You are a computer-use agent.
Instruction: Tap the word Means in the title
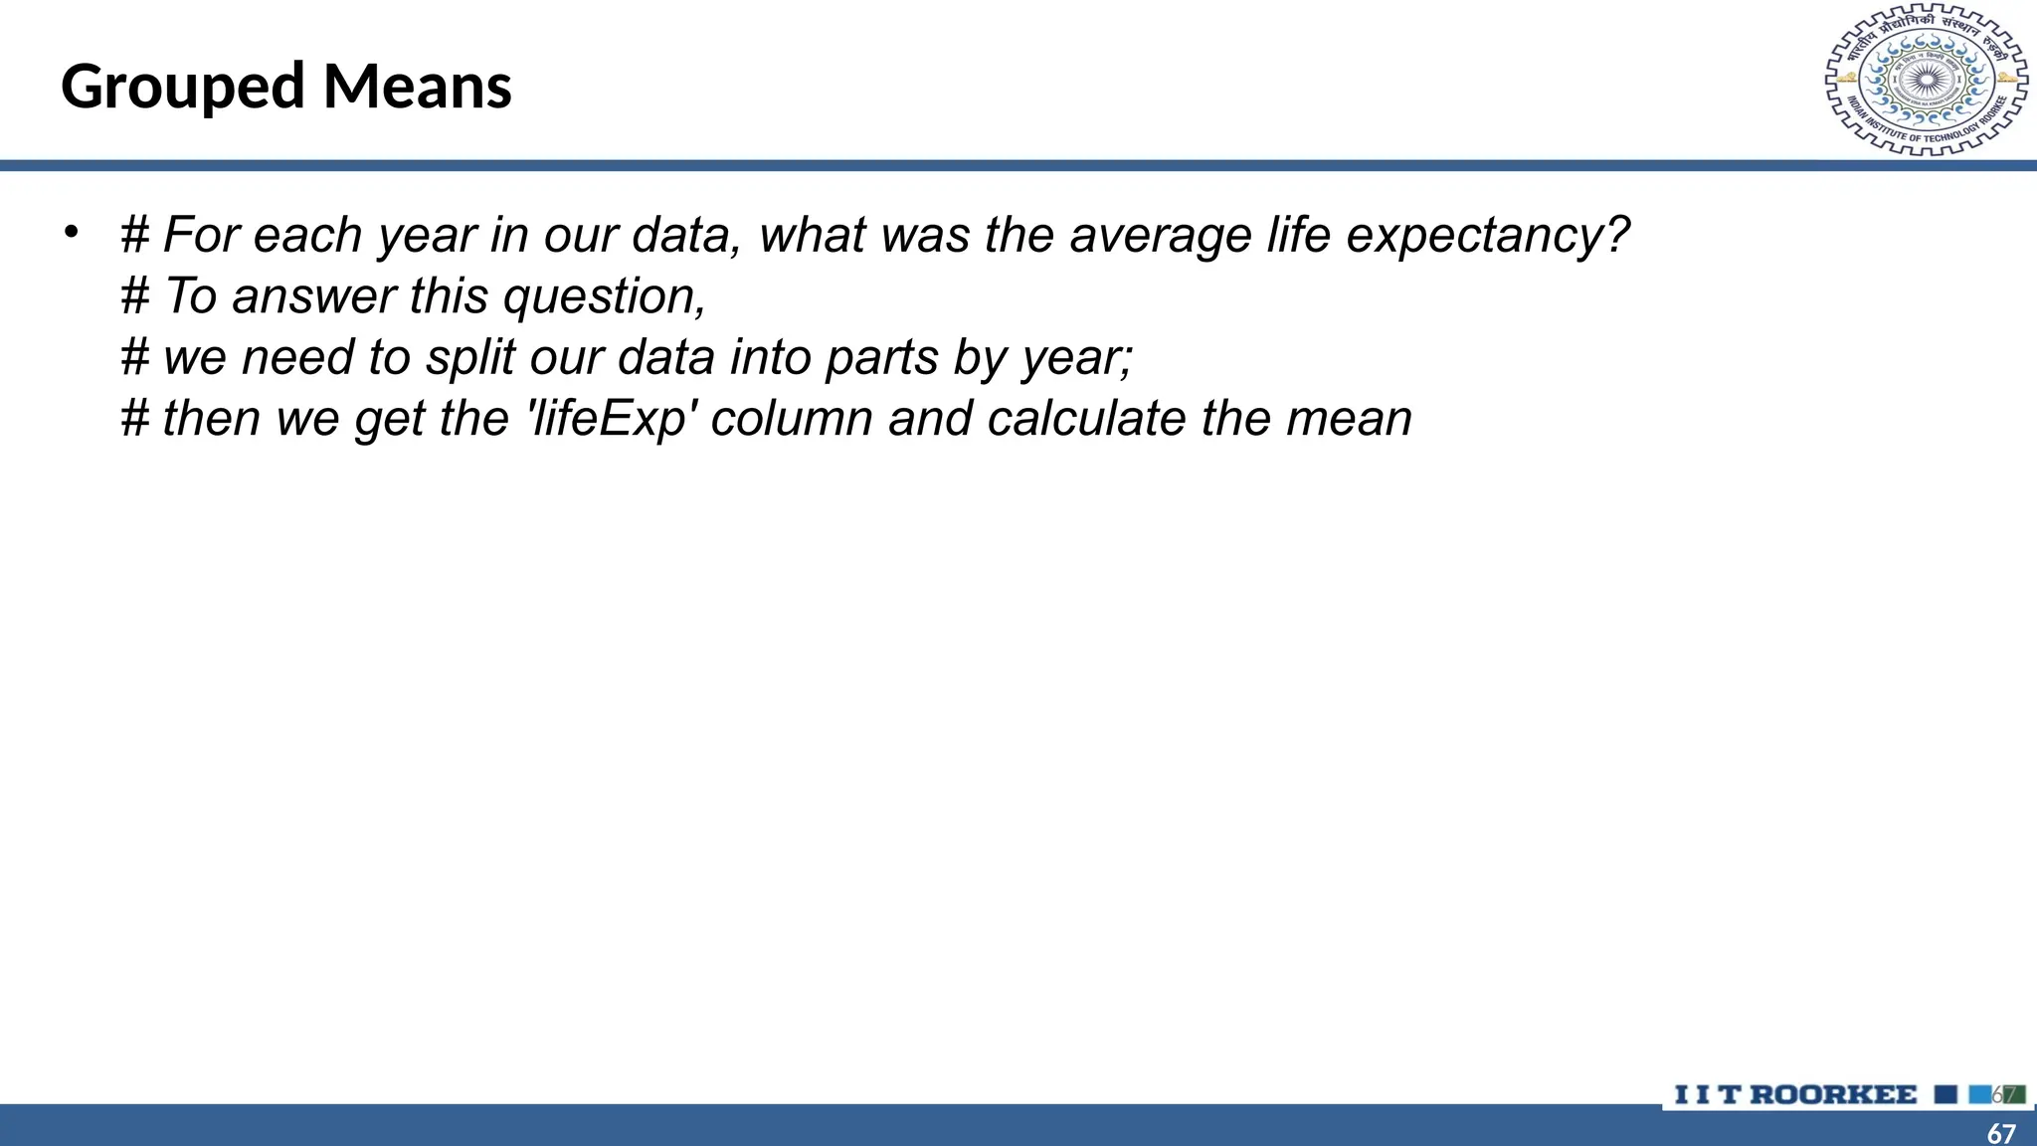point(418,86)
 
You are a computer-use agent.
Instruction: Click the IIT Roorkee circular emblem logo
point(1927,81)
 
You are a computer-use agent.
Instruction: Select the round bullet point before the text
point(71,233)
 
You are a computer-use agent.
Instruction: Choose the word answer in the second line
point(314,296)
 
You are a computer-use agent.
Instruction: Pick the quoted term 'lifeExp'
point(609,419)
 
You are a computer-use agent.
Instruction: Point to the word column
point(792,418)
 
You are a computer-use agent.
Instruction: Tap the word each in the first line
point(307,236)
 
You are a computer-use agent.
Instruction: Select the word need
point(297,357)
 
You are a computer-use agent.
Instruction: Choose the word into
point(770,357)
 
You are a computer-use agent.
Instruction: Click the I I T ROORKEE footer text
point(1795,1095)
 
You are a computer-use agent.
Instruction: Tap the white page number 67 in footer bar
point(2001,1133)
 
